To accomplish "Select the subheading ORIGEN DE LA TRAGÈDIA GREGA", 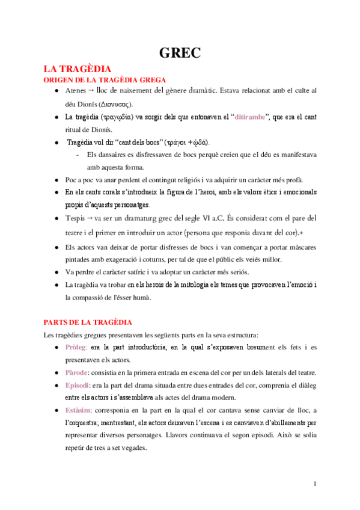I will pyautogui.click(x=102, y=80).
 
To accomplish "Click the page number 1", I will pyautogui.click(x=316, y=483).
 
